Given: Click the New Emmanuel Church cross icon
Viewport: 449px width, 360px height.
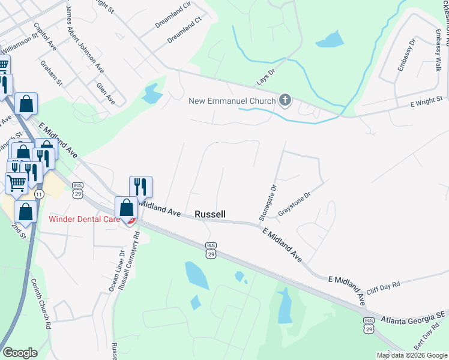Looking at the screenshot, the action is point(285,101).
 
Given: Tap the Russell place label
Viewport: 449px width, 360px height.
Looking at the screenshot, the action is point(210,214).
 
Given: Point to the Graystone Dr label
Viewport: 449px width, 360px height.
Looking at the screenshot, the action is point(294,205).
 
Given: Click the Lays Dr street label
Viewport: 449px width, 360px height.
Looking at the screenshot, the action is point(265,76).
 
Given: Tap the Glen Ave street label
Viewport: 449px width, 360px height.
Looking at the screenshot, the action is point(105,94).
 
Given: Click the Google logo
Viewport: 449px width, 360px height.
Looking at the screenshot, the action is point(20,353).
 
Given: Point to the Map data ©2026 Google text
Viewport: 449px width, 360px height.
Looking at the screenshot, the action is point(412,355).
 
